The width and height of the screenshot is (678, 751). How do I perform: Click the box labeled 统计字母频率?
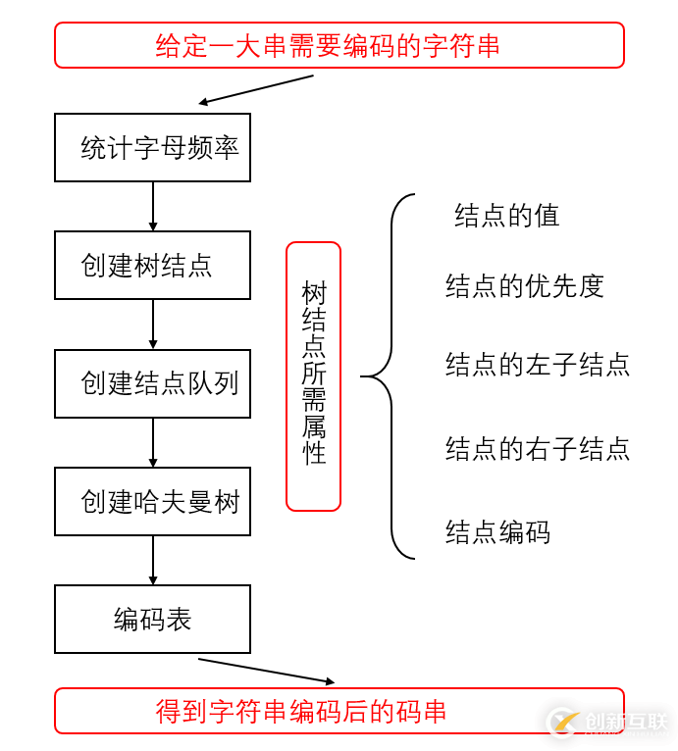[152, 148]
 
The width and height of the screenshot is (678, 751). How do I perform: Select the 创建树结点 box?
[152, 265]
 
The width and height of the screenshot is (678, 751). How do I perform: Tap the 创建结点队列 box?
[152, 383]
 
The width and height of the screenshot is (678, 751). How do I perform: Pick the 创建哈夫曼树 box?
[152, 501]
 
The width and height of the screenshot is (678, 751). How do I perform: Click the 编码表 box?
[152, 619]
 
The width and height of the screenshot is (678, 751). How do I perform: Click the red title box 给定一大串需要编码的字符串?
[339, 45]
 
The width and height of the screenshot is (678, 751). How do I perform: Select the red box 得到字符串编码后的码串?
[339, 711]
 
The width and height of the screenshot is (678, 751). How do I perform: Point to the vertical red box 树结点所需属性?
[313, 376]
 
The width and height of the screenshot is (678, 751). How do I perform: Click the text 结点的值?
[506, 216]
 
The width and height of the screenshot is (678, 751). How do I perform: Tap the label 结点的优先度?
[524, 286]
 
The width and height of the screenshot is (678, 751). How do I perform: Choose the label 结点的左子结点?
[537, 365]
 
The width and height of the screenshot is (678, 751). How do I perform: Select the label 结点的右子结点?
[537, 449]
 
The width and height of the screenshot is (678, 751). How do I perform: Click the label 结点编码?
[497, 532]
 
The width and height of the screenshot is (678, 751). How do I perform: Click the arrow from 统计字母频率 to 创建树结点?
[153, 206]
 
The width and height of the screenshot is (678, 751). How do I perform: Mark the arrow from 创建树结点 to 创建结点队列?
[153, 324]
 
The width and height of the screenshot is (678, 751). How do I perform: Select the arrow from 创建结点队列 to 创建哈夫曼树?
[153, 442]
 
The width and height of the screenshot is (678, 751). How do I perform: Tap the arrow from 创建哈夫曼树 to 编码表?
[153, 560]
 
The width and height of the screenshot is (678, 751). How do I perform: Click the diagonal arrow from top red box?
[256, 88]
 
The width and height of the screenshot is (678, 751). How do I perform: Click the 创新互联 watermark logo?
[608, 723]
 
